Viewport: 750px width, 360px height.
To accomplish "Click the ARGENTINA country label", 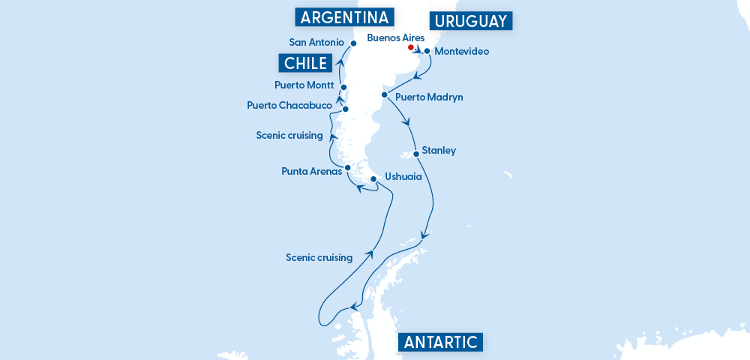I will tap(344, 17).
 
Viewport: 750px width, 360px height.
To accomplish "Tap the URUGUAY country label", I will tap(470, 21).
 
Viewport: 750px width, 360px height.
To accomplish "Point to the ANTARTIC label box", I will tap(440, 343).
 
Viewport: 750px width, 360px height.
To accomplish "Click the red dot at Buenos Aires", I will tap(410, 47).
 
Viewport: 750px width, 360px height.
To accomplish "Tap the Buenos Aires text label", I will tap(395, 37).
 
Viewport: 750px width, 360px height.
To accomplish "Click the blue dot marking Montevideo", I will tap(427, 52).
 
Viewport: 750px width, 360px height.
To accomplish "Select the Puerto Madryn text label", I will tap(429, 97).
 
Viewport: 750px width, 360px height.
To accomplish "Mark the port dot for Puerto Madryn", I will tap(384, 95).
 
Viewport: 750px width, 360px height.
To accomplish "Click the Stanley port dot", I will tap(416, 154).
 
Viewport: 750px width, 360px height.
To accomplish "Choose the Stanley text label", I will tap(439, 150).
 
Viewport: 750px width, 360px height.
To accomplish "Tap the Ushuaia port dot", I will tap(373, 178).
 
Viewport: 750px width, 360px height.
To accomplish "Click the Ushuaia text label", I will tap(403, 177).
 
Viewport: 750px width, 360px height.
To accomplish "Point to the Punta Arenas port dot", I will tap(347, 167).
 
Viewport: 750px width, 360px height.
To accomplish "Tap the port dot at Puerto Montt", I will tap(343, 88).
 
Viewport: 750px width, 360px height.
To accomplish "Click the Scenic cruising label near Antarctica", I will tap(319, 257).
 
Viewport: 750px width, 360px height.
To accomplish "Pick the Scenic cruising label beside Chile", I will tap(289, 135).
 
